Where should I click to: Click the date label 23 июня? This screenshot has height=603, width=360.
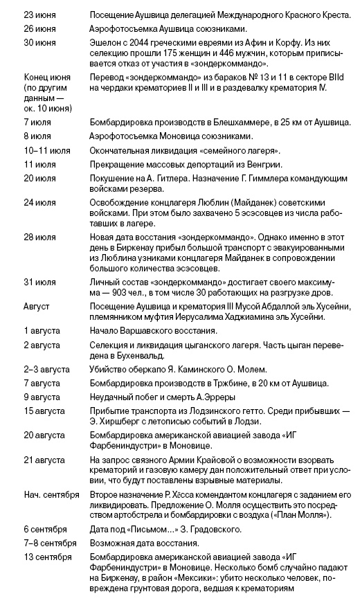[39, 14]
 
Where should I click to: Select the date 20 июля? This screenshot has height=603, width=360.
[39, 179]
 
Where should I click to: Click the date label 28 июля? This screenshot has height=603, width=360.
[39, 237]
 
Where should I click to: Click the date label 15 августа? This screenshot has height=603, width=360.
[43, 411]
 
